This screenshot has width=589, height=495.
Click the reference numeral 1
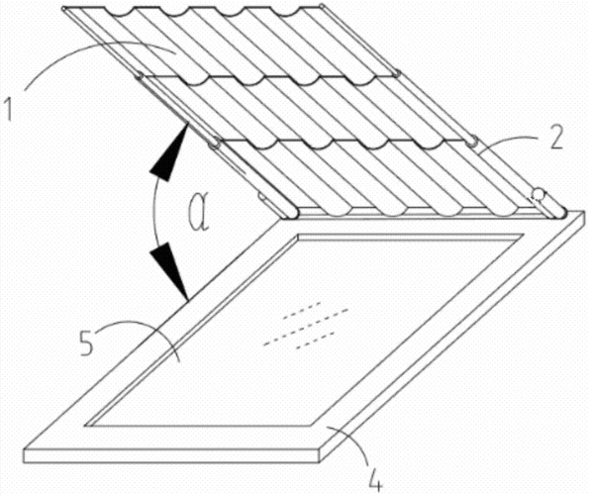[9, 108]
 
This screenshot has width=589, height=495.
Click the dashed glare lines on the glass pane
[306, 325]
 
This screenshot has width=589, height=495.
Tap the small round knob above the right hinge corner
[538, 194]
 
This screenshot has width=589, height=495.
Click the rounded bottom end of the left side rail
[292, 214]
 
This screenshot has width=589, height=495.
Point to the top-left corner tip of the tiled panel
[63, 8]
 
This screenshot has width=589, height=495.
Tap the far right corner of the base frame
[585, 215]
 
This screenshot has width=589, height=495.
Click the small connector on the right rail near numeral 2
[472, 143]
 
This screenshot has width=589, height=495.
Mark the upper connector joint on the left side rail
[140, 75]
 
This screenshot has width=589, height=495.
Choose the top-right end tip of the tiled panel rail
[322, 5]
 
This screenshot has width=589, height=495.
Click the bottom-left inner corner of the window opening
[85, 426]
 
